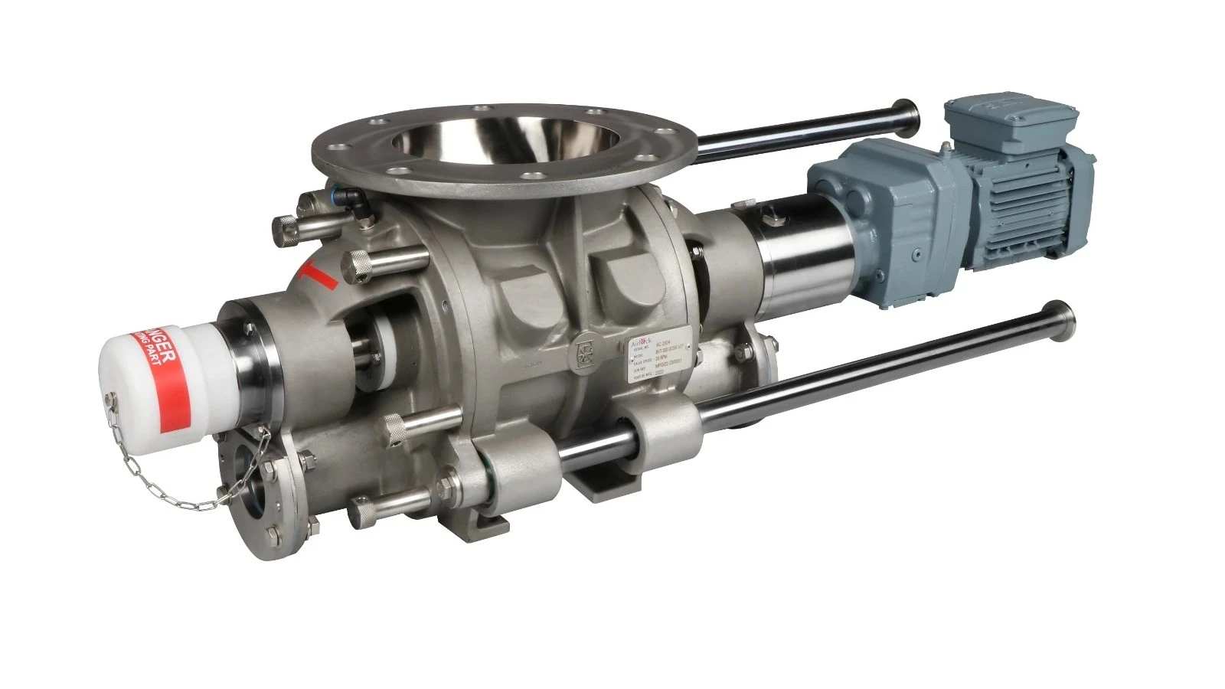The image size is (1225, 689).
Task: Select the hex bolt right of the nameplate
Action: [x=743, y=352]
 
